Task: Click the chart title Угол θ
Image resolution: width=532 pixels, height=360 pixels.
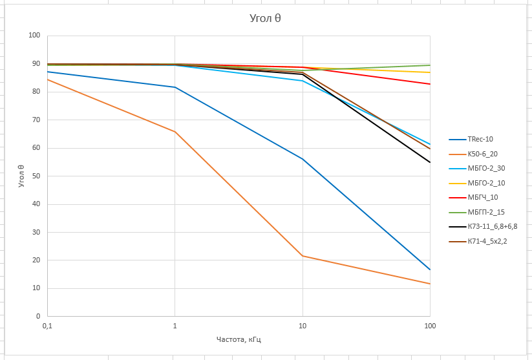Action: coord(265,18)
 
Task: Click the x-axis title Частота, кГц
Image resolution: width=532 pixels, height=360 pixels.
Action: coord(239,339)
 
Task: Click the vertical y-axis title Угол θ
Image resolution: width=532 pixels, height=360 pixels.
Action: coord(21,176)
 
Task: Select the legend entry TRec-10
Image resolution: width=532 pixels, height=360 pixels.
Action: coord(480,140)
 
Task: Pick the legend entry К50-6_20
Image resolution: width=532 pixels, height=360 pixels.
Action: coord(482,154)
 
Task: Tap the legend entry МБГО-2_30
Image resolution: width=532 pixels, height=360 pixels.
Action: coord(486,168)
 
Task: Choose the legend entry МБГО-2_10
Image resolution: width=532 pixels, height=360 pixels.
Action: coord(486,183)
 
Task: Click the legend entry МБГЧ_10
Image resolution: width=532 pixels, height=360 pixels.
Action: coord(482,197)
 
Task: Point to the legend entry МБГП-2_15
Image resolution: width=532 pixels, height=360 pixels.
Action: coord(486,212)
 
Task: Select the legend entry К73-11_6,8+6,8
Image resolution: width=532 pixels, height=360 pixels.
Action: coord(492,227)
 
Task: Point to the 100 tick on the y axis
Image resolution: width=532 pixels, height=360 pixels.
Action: coord(34,35)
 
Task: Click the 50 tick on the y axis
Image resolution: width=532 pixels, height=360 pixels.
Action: coord(36,176)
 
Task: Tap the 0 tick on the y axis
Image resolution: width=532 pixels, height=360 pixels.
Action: coord(38,317)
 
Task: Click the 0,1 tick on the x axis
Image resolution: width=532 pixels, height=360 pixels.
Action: coord(47,326)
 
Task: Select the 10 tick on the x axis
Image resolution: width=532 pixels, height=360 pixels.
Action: coord(302,326)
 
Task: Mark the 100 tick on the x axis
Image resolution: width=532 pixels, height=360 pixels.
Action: coord(430,326)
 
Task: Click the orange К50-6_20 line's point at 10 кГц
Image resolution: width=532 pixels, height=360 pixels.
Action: coord(302,256)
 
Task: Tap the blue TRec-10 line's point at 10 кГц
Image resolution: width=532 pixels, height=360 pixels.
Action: coord(302,159)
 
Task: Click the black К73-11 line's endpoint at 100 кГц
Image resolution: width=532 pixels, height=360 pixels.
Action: coord(430,162)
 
